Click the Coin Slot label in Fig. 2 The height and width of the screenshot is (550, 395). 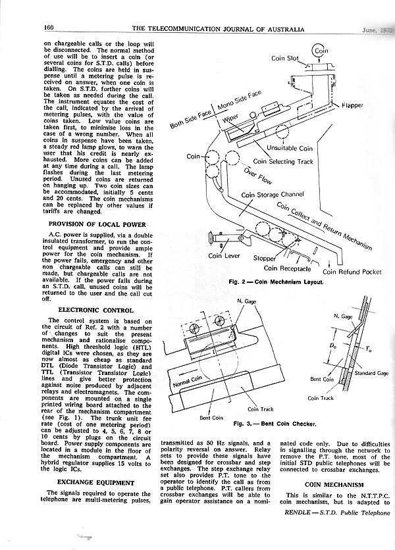(x=286, y=59)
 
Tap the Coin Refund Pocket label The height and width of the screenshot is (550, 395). (x=351, y=270)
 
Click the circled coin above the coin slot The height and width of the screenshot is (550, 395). (x=321, y=50)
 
